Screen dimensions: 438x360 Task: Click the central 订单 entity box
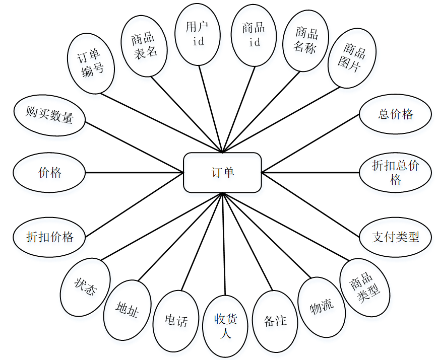222,173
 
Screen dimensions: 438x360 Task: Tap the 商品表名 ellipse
146,46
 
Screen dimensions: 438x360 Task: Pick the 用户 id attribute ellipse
198,35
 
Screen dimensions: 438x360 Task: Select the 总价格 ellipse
395,115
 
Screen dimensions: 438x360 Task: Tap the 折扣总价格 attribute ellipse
395,173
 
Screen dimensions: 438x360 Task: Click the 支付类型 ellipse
396,237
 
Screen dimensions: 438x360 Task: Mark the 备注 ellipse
275,321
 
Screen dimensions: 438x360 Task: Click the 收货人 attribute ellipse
225,325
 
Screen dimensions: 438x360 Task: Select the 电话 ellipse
176,321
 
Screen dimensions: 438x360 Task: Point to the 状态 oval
85,288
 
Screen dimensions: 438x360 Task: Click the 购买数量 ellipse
49,115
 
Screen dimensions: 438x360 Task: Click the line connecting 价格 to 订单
134,173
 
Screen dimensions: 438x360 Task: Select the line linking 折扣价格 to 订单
134,211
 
